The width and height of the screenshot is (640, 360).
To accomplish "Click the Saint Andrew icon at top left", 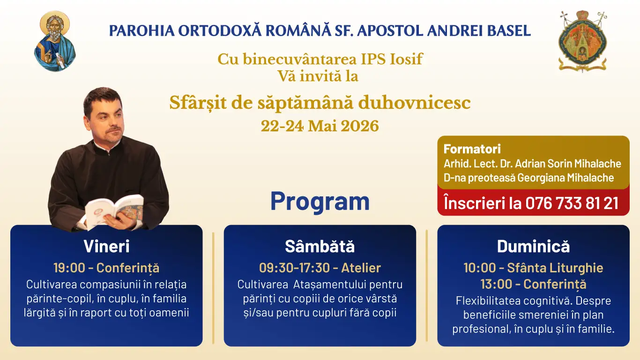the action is click(x=55, y=41).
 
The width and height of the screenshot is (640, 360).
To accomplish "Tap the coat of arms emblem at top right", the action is click(x=583, y=41).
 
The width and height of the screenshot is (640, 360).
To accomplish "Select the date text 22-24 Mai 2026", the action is click(x=320, y=126).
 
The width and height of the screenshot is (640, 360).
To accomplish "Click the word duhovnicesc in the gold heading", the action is click(x=414, y=103).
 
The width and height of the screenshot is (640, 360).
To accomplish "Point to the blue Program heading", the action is click(x=320, y=201).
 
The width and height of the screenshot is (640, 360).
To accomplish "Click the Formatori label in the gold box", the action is click(x=472, y=149).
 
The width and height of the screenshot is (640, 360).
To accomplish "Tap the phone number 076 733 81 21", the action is click(x=572, y=203).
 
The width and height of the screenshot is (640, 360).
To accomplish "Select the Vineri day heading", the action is click(x=106, y=246).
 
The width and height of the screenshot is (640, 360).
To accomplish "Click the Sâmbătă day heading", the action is click(x=320, y=246).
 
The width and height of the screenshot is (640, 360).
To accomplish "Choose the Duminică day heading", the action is click(x=533, y=246).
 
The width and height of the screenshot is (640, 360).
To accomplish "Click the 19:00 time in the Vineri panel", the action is click(x=69, y=268).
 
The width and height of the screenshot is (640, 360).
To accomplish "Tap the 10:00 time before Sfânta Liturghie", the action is click(x=480, y=268).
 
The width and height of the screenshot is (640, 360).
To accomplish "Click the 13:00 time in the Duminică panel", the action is click(x=496, y=284).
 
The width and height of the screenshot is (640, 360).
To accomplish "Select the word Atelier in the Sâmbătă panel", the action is click(x=361, y=268).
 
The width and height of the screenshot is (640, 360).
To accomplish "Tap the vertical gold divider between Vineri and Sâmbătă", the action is click(x=213, y=288).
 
